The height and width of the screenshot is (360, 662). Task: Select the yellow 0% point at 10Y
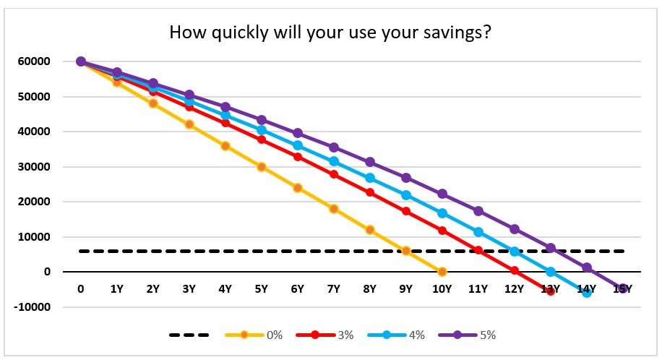442,272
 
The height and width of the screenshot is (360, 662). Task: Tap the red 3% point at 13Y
551,291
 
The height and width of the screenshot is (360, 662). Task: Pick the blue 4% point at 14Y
587,292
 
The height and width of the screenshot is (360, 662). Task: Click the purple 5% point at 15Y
623,288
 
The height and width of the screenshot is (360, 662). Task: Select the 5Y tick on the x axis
261,289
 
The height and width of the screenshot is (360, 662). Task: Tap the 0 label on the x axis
81,289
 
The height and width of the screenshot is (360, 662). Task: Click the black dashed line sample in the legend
189,335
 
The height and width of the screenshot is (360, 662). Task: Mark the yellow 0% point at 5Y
261,167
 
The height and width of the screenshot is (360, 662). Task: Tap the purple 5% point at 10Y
442,194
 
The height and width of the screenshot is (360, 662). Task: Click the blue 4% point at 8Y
370,178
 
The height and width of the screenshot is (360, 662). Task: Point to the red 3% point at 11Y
478,250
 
